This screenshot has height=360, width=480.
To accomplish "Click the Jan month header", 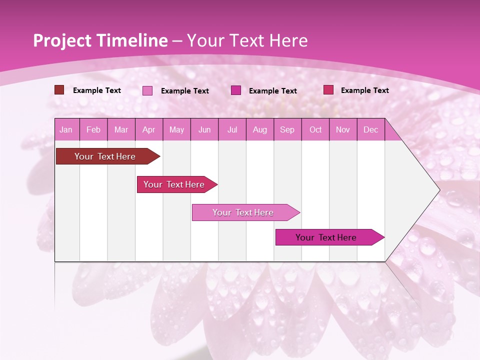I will click(x=66, y=129).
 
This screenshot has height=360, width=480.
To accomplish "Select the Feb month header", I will click(x=93, y=129).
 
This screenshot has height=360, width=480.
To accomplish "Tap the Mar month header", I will click(x=121, y=129).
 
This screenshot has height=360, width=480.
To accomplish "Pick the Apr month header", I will click(x=149, y=129).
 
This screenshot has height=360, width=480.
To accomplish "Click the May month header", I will click(x=176, y=129).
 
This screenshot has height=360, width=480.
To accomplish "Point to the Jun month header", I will click(x=204, y=129).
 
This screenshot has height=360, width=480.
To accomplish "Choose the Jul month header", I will click(x=232, y=129).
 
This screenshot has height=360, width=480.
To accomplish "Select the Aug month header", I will click(x=260, y=129).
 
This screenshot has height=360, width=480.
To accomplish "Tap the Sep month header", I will click(x=287, y=129).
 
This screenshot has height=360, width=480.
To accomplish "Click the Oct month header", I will click(x=315, y=129).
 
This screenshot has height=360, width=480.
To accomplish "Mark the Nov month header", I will click(x=343, y=129).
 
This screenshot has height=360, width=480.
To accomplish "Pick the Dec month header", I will click(x=370, y=129).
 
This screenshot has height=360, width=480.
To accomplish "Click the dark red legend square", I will click(x=59, y=90).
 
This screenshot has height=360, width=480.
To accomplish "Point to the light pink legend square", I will click(x=147, y=90).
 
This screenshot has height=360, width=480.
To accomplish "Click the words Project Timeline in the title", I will click(x=100, y=40).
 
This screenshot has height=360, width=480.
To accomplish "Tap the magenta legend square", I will click(x=236, y=90).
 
